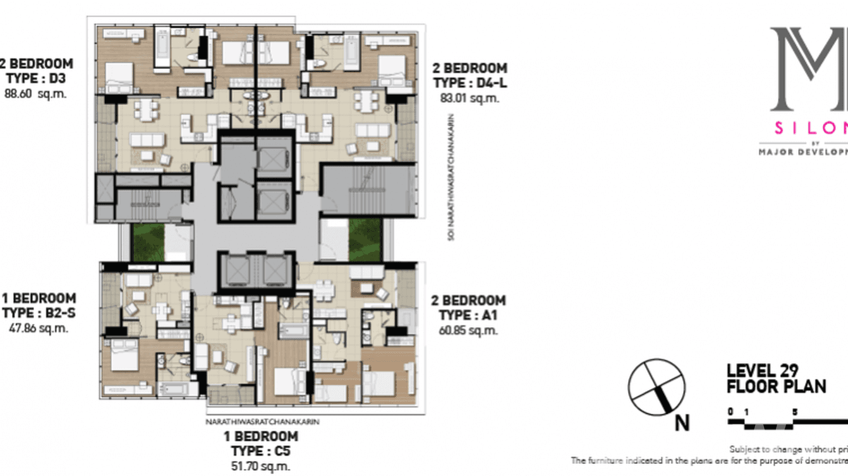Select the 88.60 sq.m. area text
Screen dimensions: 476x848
(35, 93)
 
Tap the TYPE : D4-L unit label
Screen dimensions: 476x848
(469, 83)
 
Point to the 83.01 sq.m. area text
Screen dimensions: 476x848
(469, 98)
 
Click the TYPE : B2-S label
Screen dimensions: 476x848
(39, 314)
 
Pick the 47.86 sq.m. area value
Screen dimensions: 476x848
(38, 328)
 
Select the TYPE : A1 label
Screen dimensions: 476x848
(468, 316)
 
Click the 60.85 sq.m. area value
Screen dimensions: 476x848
(468, 330)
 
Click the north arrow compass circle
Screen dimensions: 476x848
(657, 387)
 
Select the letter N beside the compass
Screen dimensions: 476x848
(682, 423)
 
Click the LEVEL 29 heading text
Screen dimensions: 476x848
(763, 371)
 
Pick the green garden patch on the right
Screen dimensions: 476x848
(365, 240)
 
